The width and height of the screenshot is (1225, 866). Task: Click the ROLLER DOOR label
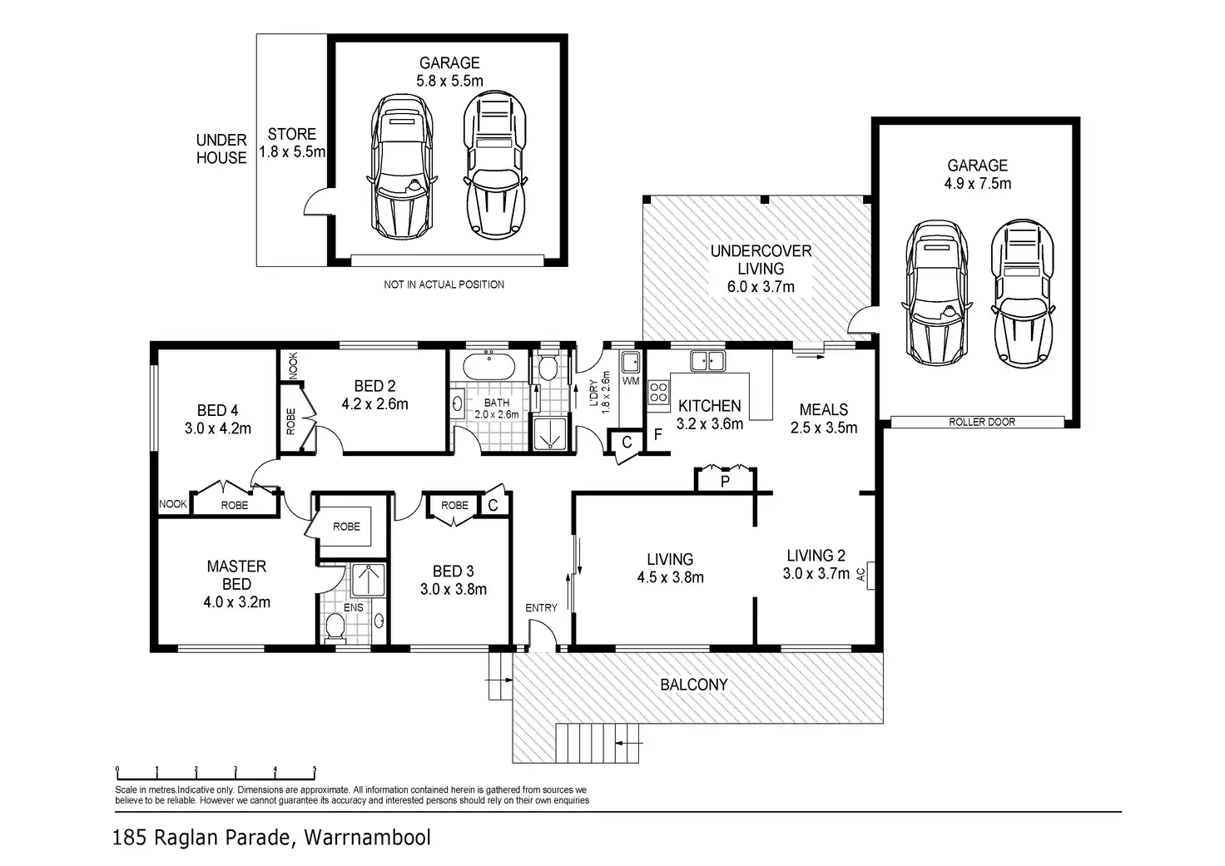(982, 422)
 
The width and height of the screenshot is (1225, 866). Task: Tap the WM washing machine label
(631, 380)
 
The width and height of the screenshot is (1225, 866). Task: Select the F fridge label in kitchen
(658, 434)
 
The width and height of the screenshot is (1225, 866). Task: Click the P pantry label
(725, 482)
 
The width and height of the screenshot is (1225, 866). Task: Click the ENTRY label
(541, 608)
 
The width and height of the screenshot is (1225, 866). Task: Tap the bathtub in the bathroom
(489, 366)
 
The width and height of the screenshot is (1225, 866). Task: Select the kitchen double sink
(708, 361)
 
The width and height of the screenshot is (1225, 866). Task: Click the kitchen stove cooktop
(658, 392)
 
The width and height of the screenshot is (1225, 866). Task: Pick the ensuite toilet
(335, 626)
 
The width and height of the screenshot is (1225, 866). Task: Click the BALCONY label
(693, 685)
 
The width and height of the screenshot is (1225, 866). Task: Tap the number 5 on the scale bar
(315, 770)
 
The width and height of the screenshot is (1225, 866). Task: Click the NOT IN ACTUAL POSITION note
(444, 285)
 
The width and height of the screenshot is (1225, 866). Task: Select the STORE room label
(291, 134)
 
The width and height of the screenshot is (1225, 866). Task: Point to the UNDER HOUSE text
(221, 149)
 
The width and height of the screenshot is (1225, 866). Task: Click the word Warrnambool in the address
(368, 838)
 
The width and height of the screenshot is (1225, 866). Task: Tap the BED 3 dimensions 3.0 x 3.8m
(454, 589)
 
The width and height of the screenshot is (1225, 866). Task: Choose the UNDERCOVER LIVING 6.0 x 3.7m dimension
(761, 286)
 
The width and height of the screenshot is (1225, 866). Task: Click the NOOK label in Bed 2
(294, 365)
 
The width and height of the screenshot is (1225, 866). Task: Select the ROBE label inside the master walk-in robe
(347, 527)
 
